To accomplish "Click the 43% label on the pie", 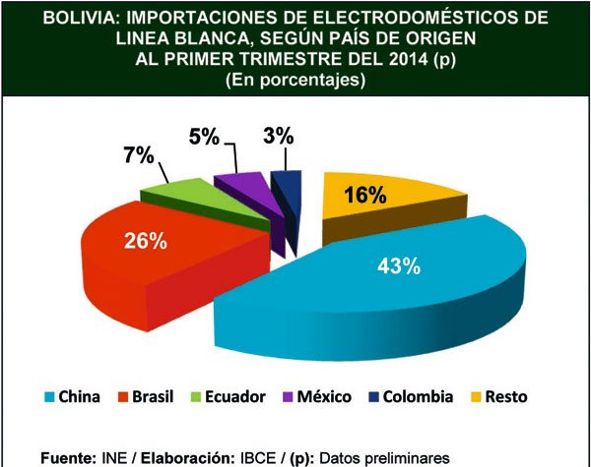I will click(400, 265).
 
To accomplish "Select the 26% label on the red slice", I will click(144, 241).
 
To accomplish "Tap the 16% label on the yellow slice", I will click(364, 196).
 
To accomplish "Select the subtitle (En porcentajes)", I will click(295, 81).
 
